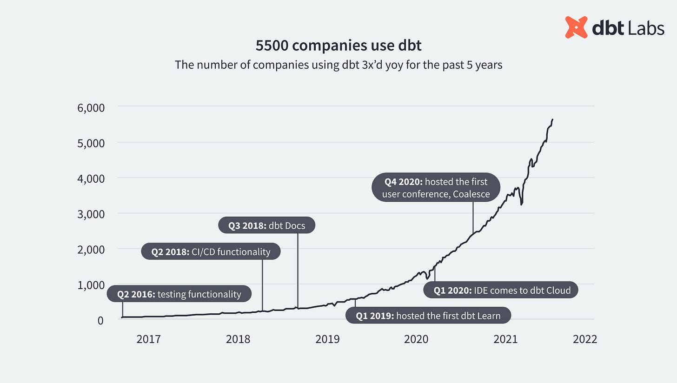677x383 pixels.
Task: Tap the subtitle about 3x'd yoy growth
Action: (x=338, y=65)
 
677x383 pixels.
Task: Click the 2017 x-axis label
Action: (x=148, y=339)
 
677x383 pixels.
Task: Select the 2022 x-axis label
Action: (x=584, y=339)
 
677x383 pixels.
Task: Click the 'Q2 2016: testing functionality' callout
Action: (x=179, y=294)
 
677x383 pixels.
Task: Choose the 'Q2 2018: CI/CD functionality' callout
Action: (x=211, y=252)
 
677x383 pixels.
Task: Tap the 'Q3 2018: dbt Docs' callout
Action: (x=266, y=226)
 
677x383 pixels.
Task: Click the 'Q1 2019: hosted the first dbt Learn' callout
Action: (x=428, y=316)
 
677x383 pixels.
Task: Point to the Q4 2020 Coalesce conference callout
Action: (x=436, y=188)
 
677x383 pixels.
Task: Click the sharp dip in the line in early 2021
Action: (x=522, y=204)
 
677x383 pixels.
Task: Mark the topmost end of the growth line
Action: (x=552, y=119)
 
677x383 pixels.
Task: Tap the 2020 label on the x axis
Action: (x=416, y=339)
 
